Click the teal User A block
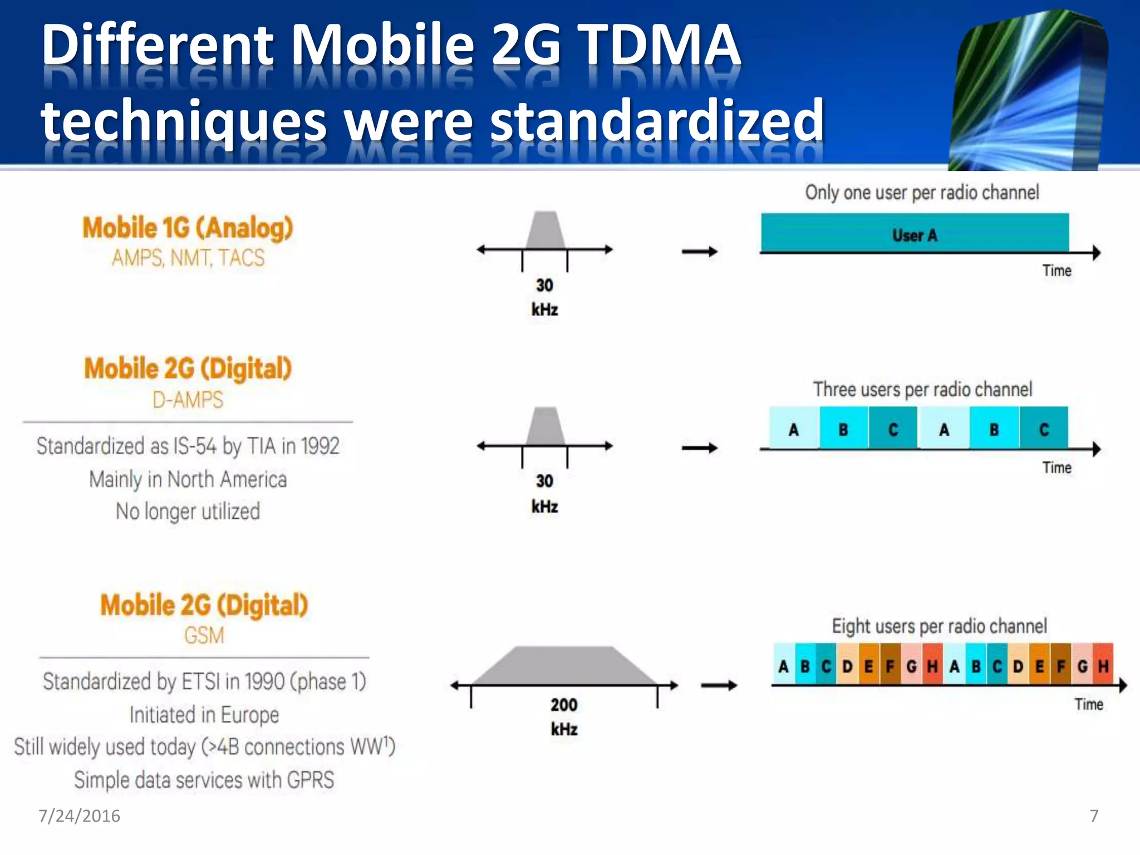coord(915,233)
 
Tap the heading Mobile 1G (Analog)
coord(188,228)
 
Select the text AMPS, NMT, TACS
coord(188,258)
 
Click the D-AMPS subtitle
coord(188,400)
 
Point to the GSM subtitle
coord(204,635)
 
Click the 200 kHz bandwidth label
coord(564,717)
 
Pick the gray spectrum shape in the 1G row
coord(546,230)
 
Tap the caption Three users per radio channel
coord(922,389)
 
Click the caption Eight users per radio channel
coord(939,626)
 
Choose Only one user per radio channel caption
coord(922,193)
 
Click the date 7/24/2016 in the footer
coord(79,816)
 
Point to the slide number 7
coord(1094,816)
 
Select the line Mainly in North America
coord(188,479)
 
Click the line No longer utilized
coord(188,511)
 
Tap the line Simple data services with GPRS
coord(204,780)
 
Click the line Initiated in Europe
coord(204,715)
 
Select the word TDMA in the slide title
coord(658,45)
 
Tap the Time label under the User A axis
coord(1057,271)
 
